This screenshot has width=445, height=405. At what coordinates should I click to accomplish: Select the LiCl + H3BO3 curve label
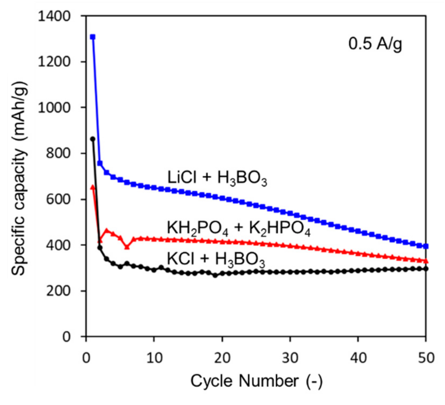click(x=217, y=177)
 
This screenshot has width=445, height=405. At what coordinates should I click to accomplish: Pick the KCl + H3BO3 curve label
click(x=216, y=259)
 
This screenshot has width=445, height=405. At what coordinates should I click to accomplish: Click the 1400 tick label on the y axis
click(x=54, y=16)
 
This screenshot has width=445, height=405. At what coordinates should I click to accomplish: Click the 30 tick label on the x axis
click(x=290, y=357)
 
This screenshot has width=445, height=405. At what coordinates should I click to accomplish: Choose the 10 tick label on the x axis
click(x=154, y=357)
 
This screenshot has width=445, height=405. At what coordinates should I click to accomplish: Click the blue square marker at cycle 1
click(x=93, y=37)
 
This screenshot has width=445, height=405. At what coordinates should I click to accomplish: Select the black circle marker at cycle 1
click(x=93, y=139)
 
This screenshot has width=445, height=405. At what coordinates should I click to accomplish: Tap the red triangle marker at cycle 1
click(x=93, y=187)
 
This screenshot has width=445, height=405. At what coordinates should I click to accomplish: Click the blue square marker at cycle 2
click(x=100, y=163)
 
